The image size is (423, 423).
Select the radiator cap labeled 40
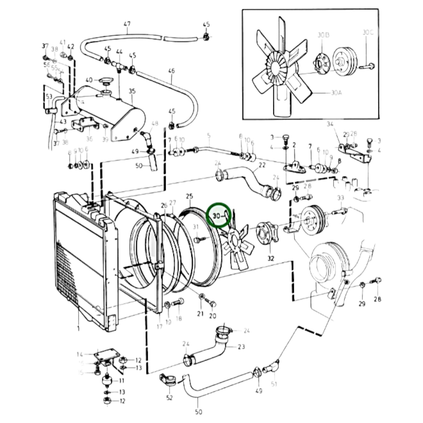105,81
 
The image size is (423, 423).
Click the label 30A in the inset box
336,93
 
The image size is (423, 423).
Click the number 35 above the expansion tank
132,91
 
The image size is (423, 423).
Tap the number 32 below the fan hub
271,258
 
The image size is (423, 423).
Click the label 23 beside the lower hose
241,347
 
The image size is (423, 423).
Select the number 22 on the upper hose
262,165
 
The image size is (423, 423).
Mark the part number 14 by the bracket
80,355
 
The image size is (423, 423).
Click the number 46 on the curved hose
172,71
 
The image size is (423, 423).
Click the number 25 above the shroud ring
189,196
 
